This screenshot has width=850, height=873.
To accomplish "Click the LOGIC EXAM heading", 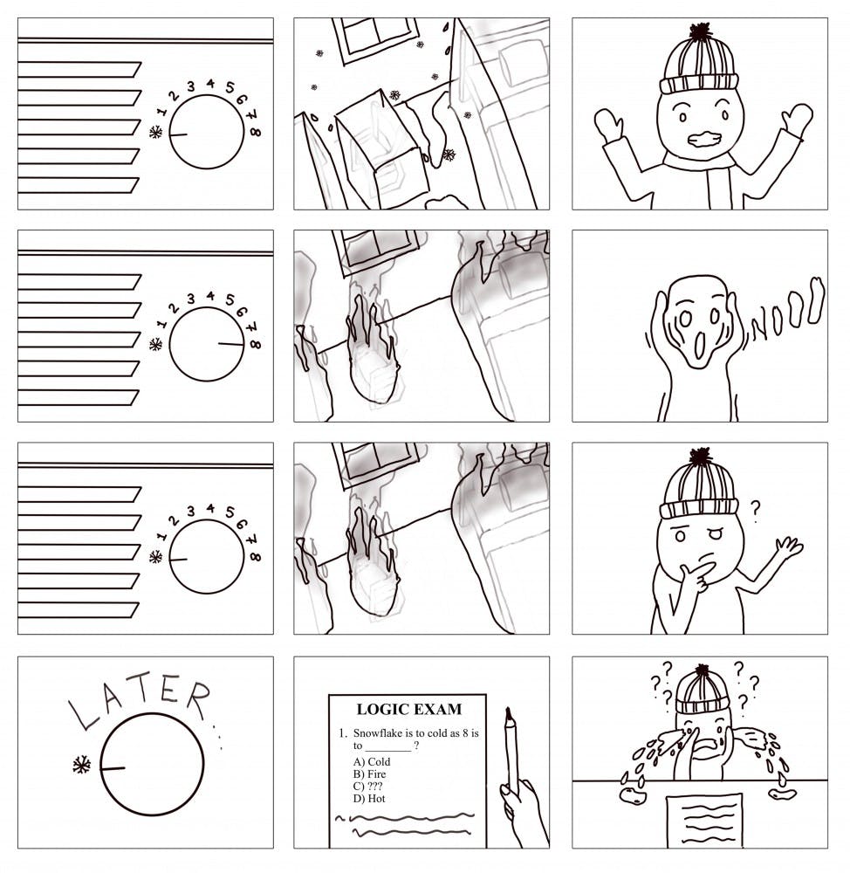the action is (408, 709).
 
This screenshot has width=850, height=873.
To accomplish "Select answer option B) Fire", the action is (369, 773).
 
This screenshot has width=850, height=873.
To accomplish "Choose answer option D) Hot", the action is (368, 799).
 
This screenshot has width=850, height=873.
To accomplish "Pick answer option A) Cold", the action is (371, 761).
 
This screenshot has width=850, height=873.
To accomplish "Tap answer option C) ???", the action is (367, 787).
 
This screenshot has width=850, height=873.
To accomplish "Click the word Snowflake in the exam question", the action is (377, 733).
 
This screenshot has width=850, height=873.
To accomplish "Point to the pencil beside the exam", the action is (511, 752).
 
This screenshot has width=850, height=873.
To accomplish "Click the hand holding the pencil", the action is (524, 813).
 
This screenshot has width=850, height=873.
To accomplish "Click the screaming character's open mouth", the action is (700, 342).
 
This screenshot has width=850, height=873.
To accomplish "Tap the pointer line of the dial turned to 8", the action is (230, 344).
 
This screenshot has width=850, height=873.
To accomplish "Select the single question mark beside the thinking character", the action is (755, 511).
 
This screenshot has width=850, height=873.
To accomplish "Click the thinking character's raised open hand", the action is (789, 546).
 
